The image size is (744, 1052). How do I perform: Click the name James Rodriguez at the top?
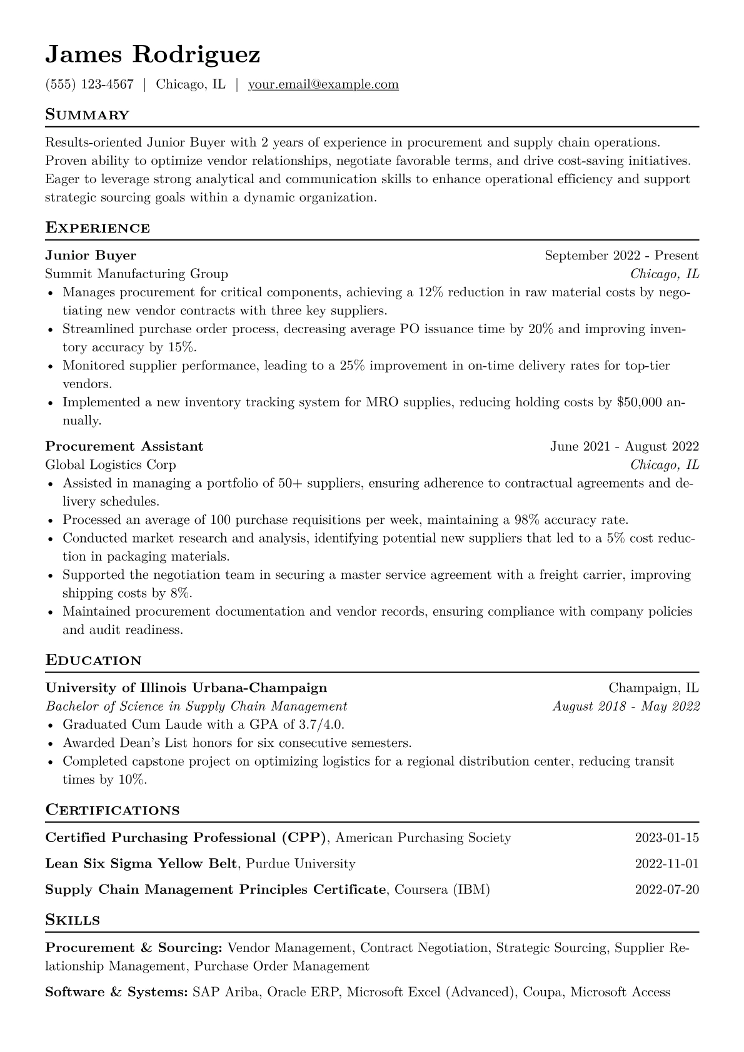point(153,55)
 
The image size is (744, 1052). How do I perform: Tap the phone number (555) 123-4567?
point(89,84)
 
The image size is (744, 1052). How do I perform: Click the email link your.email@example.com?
point(323,84)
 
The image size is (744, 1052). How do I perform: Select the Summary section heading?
point(87,115)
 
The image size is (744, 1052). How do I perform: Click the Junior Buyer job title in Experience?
point(91,255)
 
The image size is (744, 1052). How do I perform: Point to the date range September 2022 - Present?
point(621,255)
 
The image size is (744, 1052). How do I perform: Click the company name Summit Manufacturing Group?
point(136,274)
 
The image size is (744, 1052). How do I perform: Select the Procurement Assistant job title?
point(124,446)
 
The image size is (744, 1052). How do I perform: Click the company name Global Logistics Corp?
point(111,464)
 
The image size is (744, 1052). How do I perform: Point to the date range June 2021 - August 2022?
point(624,446)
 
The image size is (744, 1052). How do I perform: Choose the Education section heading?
point(93,661)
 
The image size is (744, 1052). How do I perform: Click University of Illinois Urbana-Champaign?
point(186,688)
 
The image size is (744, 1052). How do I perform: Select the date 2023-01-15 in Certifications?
point(666,838)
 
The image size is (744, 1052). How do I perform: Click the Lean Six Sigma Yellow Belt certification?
point(141,864)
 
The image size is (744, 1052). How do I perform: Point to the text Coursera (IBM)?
point(442,889)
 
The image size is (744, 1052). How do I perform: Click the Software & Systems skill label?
point(116,992)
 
